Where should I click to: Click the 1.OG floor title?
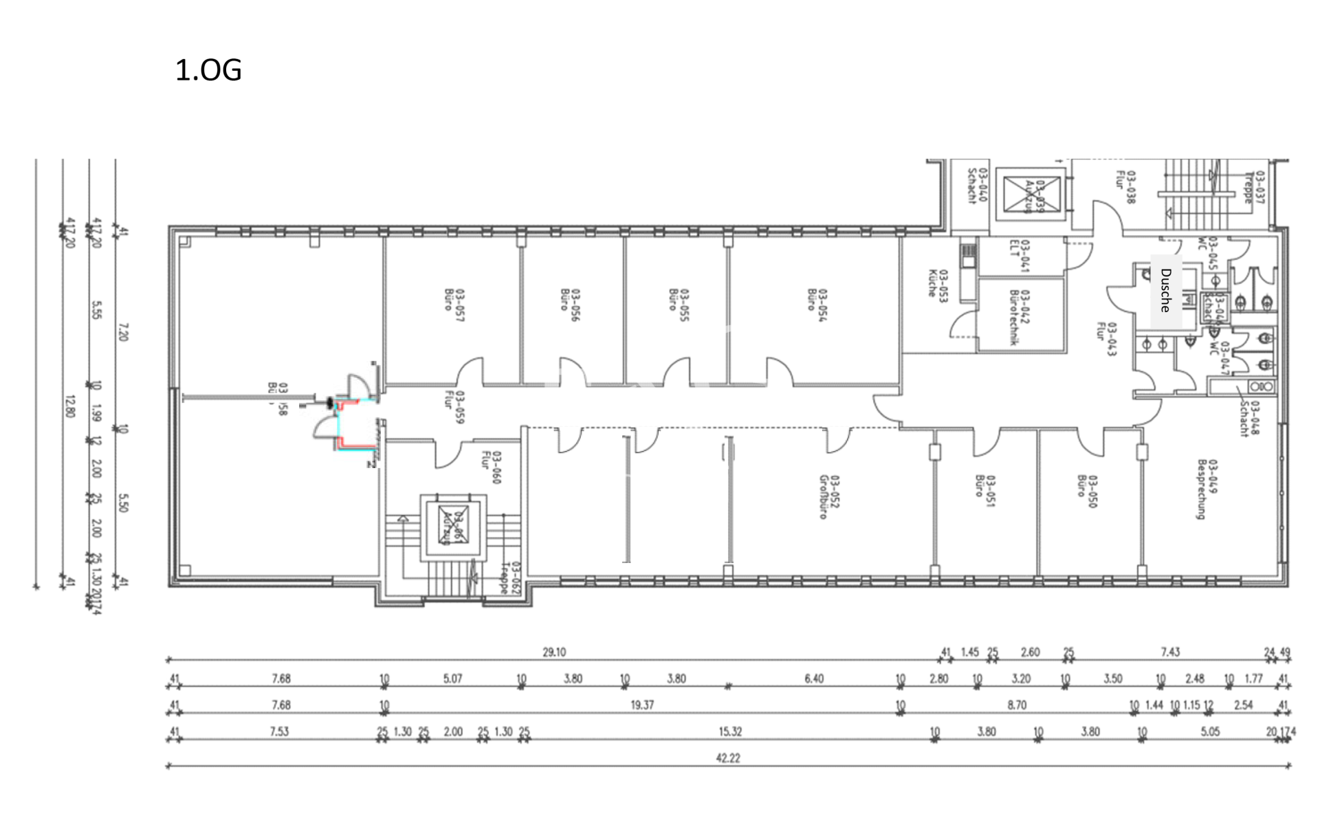[208, 70]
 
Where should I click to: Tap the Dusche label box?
[1166, 291]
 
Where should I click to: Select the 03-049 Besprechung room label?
[1207, 489]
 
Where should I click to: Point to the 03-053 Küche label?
[938, 283]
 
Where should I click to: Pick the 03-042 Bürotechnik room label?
[1019, 316]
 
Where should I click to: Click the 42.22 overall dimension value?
[727, 758]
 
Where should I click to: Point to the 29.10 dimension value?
[554, 652]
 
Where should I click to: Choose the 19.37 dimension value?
[641, 705]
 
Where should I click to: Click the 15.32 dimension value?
[730, 731]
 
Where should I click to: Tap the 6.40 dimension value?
[814, 679]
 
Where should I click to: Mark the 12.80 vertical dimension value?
[69, 406]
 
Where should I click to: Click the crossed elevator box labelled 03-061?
[453, 526]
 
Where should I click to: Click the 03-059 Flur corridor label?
[454, 406]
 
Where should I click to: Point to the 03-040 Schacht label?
[977, 185]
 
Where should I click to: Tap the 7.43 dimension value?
[1170, 652]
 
